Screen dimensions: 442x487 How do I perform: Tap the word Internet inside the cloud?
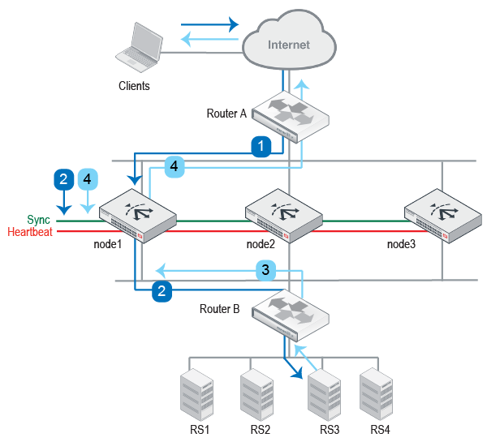(289, 45)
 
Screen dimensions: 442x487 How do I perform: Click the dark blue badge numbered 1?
(260, 146)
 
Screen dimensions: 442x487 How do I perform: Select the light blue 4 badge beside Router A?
(175, 167)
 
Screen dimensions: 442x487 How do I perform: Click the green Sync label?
(38, 220)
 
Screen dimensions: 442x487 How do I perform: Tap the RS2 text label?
(260, 430)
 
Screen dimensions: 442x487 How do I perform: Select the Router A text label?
(226, 114)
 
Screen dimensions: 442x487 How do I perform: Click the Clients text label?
(134, 85)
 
